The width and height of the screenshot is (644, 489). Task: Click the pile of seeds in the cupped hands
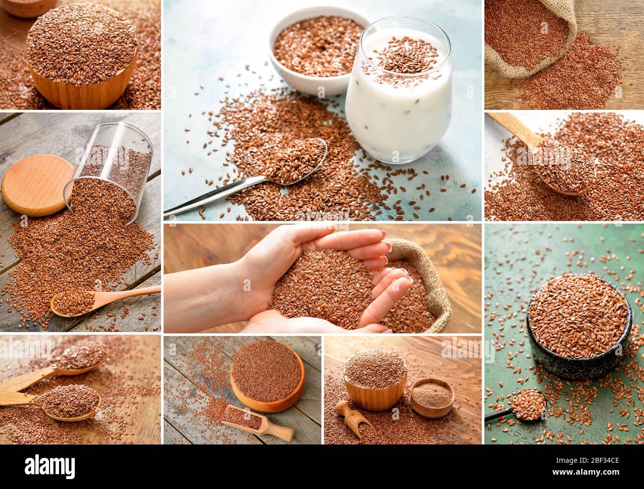click(x=317, y=287)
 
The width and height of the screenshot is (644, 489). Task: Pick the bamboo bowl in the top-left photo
click(x=82, y=59)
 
